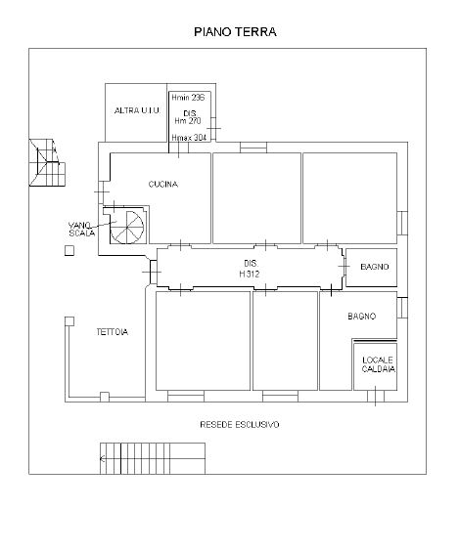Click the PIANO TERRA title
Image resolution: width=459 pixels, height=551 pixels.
pos(235,32)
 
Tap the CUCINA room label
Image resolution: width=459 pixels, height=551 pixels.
pos(163,184)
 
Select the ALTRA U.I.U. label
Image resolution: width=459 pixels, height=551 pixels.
pos(137,110)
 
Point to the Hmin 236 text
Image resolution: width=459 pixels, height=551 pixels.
pos(188,98)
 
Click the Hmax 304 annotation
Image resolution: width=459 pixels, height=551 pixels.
pos(189,138)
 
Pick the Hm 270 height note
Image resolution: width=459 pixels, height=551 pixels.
pos(188,121)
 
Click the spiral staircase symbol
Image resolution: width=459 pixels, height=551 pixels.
pos(127,228)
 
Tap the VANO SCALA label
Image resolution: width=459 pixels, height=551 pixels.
pos(81,229)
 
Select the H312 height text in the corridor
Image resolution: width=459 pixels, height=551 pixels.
pos(250,275)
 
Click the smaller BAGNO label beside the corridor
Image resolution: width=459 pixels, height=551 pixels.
pos(375,267)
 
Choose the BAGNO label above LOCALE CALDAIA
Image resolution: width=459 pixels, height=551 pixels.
pos(362,317)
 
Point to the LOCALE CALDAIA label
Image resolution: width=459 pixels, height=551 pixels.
pos(378,364)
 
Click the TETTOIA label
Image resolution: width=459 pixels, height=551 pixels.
pos(113,332)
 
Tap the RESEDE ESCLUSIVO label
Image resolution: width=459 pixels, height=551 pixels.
pos(240,425)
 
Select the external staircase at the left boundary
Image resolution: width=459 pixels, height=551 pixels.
pos(47,162)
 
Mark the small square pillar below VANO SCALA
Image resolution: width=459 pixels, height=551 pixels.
pos(69,250)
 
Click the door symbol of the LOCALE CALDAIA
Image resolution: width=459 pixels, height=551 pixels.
pos(375,396)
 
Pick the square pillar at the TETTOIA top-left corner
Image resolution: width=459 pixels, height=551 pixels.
pos(69,321)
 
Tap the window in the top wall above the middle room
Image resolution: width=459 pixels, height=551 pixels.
pos(253,148)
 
